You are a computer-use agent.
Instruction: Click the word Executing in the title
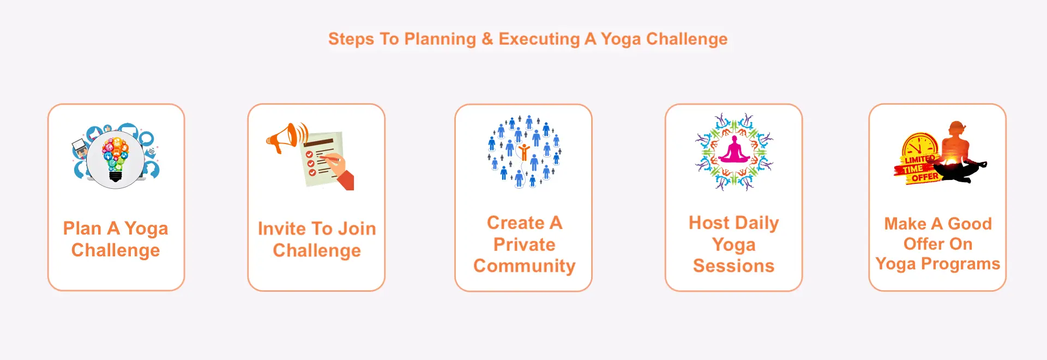[x=539, y=39]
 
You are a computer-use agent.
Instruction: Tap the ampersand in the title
[x=487, y=39]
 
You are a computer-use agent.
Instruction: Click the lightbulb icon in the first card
[x=116, y=159]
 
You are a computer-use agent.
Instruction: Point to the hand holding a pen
[x=339, y=171]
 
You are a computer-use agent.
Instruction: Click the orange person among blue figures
[x=524, y=152]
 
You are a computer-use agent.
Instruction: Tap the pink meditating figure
[x=734, y=150]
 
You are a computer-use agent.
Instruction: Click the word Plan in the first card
[x=82, y=228]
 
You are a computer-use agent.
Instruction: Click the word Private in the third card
[x=524, y=244]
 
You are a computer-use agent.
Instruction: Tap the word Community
[x=524, y=266]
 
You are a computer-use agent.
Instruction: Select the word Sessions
[x=733, y=266]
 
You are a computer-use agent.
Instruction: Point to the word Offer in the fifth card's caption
[x=924, y=244]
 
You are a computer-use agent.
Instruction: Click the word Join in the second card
[x=357, y=229]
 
